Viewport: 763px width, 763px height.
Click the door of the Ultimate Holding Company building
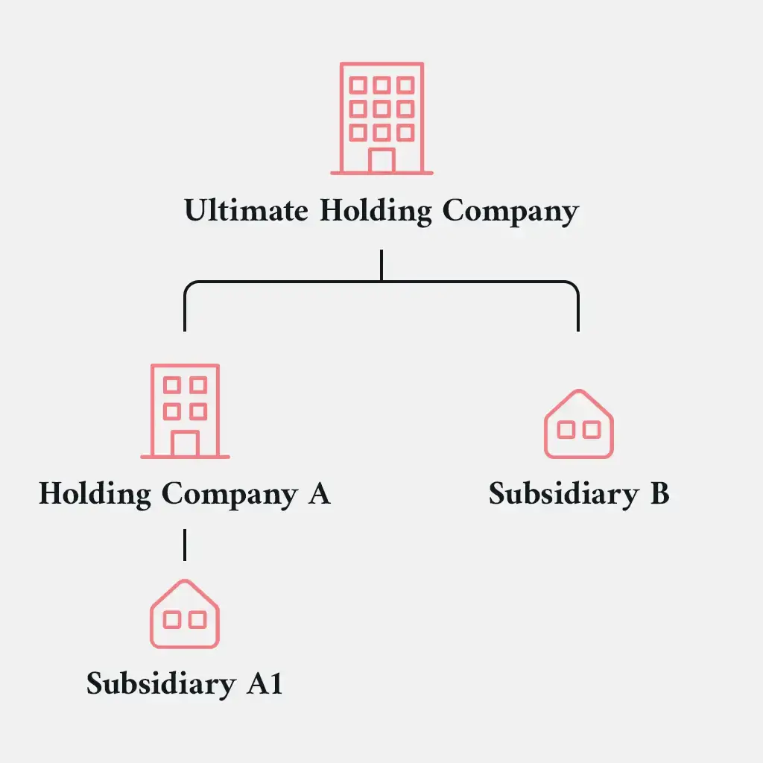[381, 160]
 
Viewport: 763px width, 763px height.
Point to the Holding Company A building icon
[185, 411]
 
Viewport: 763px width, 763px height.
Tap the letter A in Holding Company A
[318, 493]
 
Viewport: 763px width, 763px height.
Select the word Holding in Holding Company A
[95, 494]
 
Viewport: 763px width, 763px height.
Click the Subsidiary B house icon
[579, 424]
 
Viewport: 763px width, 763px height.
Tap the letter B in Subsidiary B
[659, 494]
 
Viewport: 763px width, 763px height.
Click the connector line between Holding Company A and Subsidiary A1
[185, 544]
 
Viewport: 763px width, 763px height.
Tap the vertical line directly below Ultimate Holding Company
[381, 265]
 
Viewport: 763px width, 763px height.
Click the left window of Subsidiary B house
[566, 430]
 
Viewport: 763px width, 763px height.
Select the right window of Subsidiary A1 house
[197, 619]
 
